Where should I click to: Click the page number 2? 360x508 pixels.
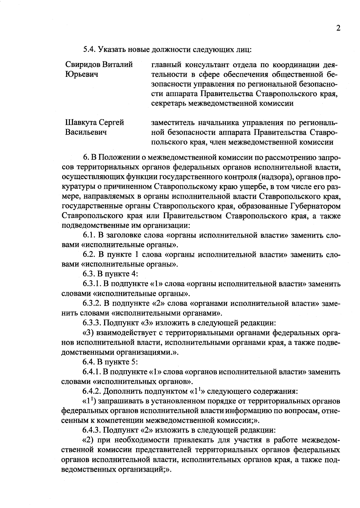point(338,28)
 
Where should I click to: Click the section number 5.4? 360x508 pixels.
point(89,50)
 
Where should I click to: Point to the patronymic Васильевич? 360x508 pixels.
point(86,132)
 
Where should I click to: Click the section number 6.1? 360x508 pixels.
point(89,236)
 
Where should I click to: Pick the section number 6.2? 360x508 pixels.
point(89,255)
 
